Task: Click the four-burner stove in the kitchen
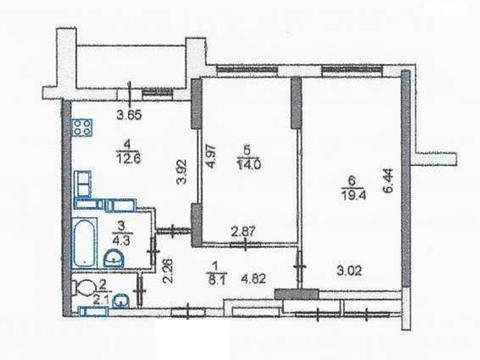coord(82,128)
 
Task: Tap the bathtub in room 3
coord(85,243)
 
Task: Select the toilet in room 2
coord(84,287)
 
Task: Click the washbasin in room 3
coord(114,259)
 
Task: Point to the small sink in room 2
coord(122,301)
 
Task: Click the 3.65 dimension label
coord(129,114)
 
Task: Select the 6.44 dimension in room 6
coord(388,181)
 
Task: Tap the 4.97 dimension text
coord(212,156)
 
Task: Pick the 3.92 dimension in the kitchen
coord(182,172)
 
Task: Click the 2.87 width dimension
coord(243,231)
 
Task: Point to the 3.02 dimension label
coord(349,270)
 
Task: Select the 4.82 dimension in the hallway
coord(254,278)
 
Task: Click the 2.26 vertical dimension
coord(168,271)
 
